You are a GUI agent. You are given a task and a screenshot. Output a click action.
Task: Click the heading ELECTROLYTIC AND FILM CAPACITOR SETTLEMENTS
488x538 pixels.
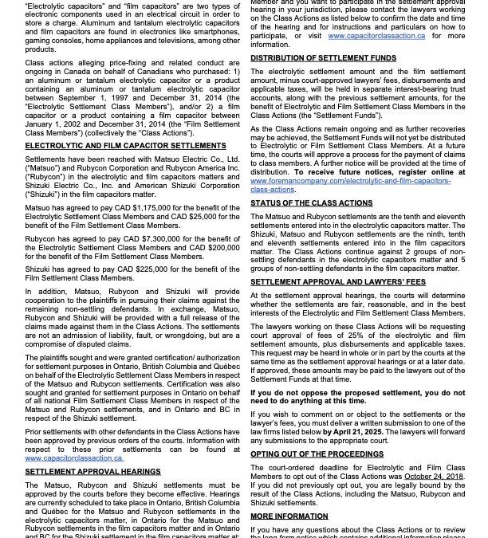pyautogui.click(x=125, y=146)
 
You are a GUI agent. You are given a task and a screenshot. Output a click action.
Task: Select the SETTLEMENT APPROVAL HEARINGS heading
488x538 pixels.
pyautogui.click(x=92, y=472)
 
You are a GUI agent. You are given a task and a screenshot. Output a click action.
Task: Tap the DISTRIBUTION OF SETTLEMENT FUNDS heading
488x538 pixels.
pyautogui.click(x=323, y=58)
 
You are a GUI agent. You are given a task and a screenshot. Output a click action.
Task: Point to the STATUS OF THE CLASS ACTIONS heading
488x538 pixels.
pyautogui.click(x=311, y=203)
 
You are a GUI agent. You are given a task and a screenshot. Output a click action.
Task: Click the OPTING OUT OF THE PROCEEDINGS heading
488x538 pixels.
pyautogui.click(x=317, y=454)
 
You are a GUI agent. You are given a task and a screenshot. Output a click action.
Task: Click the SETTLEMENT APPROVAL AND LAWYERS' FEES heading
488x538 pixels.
pyautogui.click(x=338, y=282)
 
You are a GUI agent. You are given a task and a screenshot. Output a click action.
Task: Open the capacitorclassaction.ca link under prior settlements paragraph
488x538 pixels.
pyautogui.click(x=74, y=458)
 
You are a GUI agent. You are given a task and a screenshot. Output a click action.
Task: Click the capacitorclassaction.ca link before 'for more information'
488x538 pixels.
pyautogui.click(x=376, y=36)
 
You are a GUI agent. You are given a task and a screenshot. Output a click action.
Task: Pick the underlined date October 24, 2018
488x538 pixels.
pyautogui.click(x=433, y=477)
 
